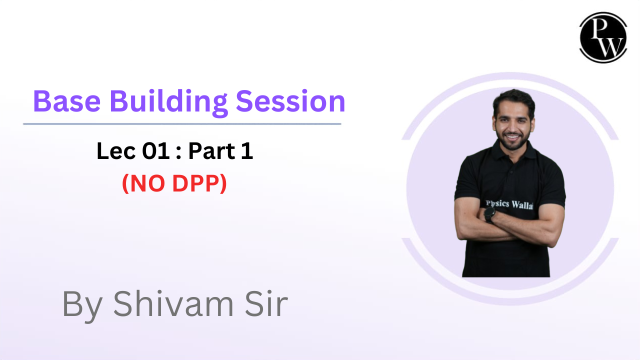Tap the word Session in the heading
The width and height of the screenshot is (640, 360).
coord(290,101)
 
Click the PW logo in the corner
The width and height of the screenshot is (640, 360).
coord(603,37)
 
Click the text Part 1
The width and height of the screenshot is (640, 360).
coord(220,152)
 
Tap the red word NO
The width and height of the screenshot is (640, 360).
coord(146,184)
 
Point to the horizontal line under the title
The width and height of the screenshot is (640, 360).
coord(182,123)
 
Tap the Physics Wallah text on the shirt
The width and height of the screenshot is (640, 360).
coord(510,205)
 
